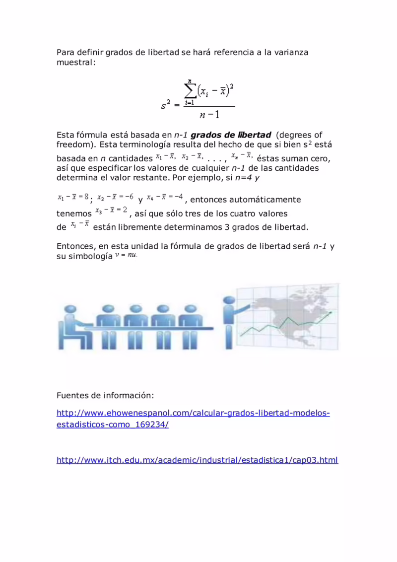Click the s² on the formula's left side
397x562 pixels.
pos(166,105)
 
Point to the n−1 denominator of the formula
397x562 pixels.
pos(209,115)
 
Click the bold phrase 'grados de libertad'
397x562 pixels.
pos(231,135)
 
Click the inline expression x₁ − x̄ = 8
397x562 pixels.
pos(72,197)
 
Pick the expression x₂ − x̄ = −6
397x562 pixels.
pos(115,197)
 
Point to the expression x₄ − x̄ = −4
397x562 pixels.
pos(165,197)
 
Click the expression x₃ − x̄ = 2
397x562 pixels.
pos(111,211)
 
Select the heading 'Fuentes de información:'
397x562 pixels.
pos(106,396)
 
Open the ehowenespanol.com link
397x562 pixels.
pos(193,414)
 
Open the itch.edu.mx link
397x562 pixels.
pos(197,460)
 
